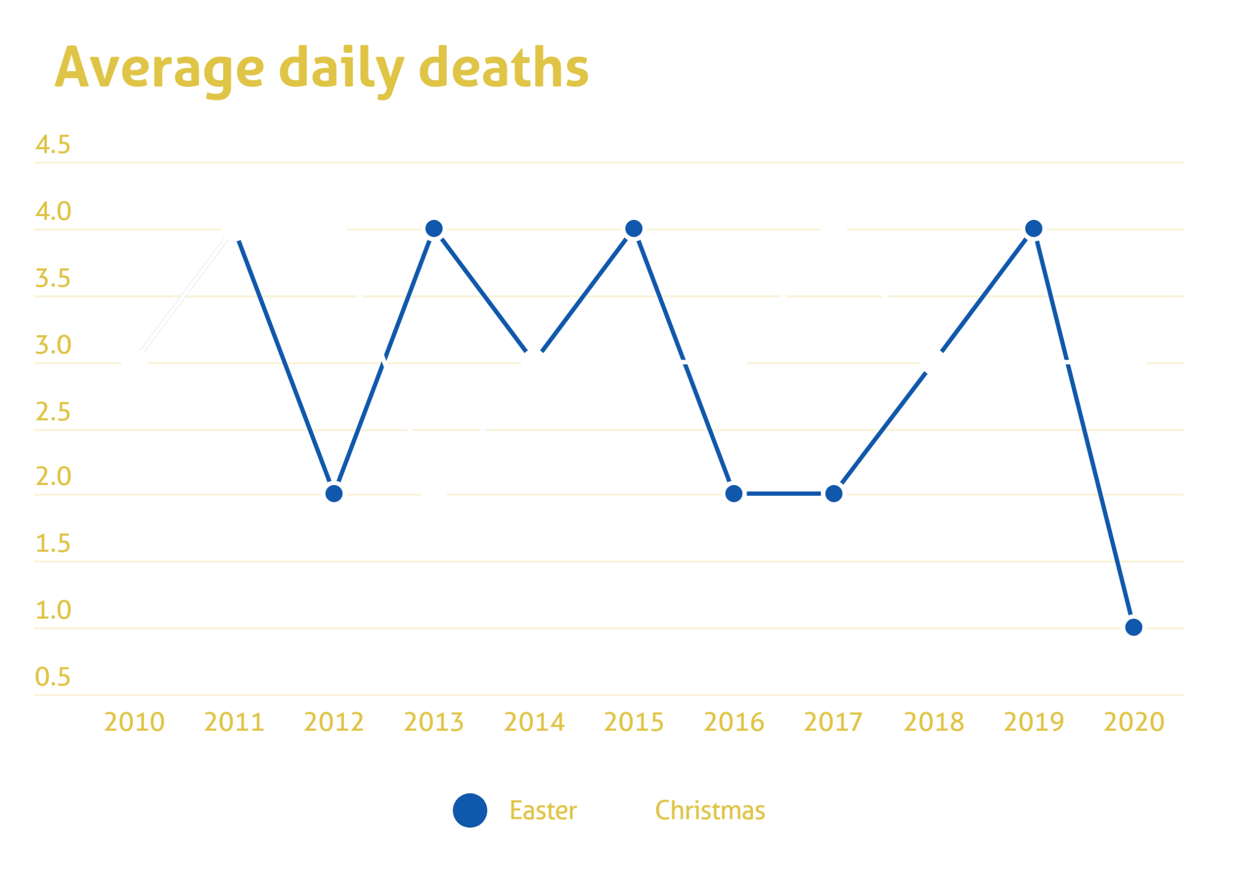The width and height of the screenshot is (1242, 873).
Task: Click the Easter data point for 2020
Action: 1134,627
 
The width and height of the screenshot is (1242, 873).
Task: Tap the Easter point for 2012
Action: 334,494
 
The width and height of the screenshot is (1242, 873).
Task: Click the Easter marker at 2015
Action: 634,229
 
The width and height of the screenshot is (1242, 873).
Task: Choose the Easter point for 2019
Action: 1034,229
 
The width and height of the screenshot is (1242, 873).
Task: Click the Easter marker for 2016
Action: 734,494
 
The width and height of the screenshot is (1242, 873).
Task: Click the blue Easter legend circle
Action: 470,810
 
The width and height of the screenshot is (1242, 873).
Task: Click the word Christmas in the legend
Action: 710,811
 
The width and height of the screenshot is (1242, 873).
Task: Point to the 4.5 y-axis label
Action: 53,145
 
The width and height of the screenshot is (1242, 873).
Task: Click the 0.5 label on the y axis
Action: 53,677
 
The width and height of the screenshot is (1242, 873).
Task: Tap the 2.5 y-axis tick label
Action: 53,412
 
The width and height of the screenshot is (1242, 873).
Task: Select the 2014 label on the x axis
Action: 534,722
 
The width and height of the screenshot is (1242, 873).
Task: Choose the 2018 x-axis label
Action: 934,722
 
